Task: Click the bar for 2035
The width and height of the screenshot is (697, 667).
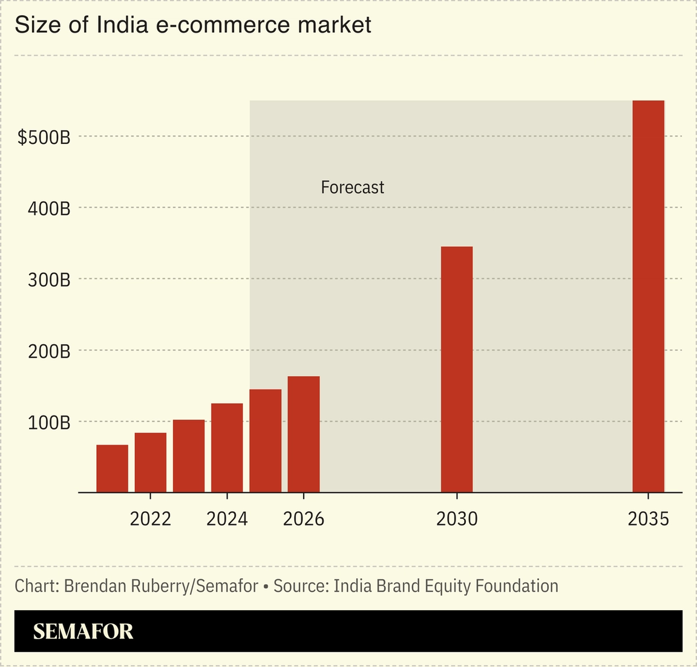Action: coord(648,296)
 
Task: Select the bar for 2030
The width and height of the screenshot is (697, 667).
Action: coord(457,369)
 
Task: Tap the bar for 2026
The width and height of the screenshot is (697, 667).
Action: coord(304,434)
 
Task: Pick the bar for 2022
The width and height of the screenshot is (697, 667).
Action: coord(151,463)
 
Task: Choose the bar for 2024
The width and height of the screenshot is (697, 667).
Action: coord(227,447)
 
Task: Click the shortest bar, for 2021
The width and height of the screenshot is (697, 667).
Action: coord(113,469)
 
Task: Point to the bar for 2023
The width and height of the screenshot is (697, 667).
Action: coord(189,456)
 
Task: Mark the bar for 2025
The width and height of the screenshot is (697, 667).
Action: coord(266,441)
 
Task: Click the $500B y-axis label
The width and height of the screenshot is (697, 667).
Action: coord(44,138)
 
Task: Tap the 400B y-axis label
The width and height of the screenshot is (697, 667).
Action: coord(49,209)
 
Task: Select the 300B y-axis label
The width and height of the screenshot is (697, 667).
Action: coord(49,281)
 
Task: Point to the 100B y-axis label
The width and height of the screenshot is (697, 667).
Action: coord(49,423)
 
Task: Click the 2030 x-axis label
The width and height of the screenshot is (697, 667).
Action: coord(457,519)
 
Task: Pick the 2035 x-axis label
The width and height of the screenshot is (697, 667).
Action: coord(648,519)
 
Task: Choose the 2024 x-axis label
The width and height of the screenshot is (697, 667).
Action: coord(227,519)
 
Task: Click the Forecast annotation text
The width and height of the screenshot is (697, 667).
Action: coord(352,187)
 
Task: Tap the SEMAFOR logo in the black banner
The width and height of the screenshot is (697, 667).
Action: coord(83,631)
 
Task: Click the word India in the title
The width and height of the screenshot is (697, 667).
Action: coord(120,25)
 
